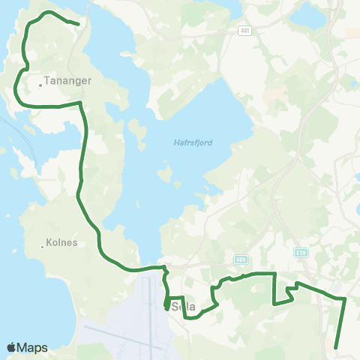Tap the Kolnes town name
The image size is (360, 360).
point(64,243)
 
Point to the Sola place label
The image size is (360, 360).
point(183,307)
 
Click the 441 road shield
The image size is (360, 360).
point(245,31)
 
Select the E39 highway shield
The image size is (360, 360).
point(301,253)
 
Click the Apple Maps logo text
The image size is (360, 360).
point(32,347)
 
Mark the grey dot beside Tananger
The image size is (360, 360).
point(40,85)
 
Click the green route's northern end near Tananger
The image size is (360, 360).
point(78,23)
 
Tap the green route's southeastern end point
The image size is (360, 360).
point(335,347)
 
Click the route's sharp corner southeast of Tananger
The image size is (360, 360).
point(79,103)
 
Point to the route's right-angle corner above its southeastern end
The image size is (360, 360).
point(344,298)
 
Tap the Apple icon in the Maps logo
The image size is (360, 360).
point(11,347)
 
